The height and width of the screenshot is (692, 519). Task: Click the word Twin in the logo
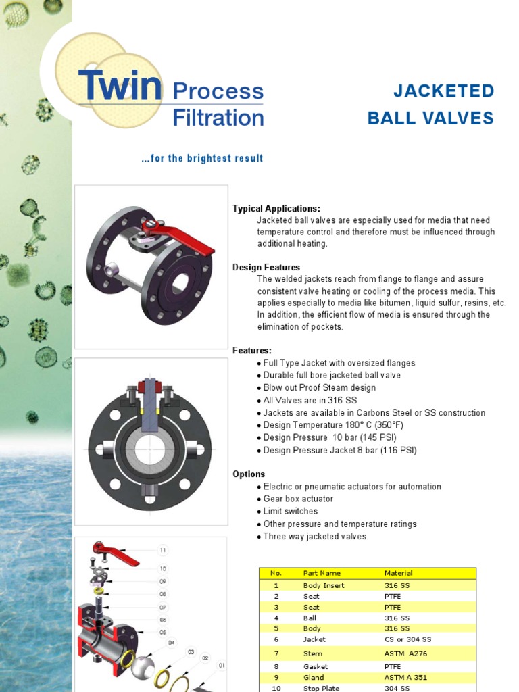click(x=120, y=85)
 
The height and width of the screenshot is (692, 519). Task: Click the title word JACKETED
click(x=443, y=91)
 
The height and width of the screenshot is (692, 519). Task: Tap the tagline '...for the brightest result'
click(x=202, y=159)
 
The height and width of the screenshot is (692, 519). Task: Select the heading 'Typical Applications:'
click(x=276, y=208)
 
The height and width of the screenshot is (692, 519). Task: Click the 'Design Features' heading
click(x=266, y=267)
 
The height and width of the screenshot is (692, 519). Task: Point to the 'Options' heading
click(x=249, y=474)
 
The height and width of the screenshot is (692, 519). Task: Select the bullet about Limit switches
click(x=290, y=512)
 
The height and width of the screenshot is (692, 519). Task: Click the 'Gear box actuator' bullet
click(x=298, y=499)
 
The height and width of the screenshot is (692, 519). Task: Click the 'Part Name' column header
click(x=322, y=573)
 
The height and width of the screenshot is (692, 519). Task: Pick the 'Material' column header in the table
click(x=398, y=573)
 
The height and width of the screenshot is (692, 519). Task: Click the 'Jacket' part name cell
click(x=314, y=639)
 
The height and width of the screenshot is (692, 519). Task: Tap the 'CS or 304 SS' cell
click(x=407, y=639)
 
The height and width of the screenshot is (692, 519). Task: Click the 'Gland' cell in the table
click(x=314, y=677)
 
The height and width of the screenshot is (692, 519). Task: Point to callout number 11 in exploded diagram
click(x=162, y=550)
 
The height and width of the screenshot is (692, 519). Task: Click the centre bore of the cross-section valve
click(x=149, y=449)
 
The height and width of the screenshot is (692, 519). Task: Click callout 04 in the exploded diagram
click(x=171, y=643)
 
